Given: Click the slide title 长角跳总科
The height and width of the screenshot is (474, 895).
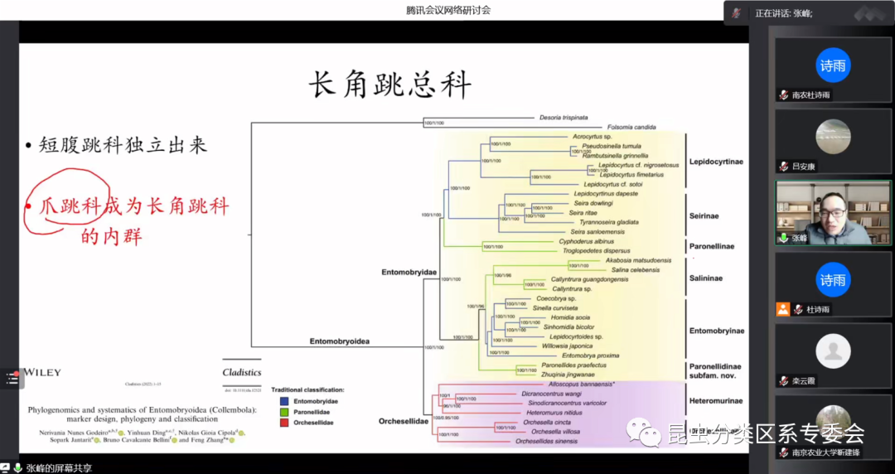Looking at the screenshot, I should (x=389, y=85).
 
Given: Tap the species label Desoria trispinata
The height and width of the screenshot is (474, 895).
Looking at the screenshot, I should (x=564, y=118).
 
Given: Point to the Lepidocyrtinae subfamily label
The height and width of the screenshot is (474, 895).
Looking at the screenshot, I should (x=716, y=162).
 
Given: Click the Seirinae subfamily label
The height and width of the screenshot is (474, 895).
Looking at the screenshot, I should (x=704, y=216).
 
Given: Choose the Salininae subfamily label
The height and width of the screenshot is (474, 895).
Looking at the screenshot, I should (x=705, y=278).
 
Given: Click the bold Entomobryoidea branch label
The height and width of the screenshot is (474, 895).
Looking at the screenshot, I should (x=339, y=341).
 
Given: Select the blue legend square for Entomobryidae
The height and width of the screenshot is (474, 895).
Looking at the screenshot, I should (x=274, y=401).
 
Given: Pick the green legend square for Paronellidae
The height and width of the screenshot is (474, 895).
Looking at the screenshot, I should (x=274, y=412).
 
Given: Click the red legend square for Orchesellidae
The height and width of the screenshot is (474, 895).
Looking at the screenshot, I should (x=274, y=423).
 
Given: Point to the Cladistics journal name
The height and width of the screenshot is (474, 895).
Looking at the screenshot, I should (x=242, y=373).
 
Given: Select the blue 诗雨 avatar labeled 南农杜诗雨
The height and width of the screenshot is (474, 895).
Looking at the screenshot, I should (x=833, y=65).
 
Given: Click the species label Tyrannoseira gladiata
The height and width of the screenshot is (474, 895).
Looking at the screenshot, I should (x=608, y=222).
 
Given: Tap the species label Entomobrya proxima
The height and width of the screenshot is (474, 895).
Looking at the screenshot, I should (x=591, y=355).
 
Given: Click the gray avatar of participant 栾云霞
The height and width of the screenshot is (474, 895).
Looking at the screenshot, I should (x=833, y=351).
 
